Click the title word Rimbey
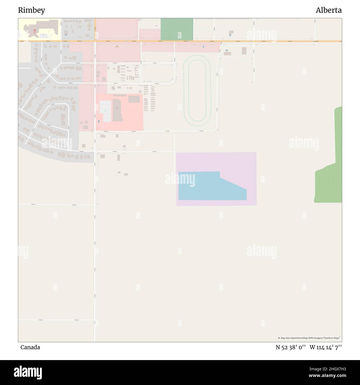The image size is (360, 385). [x=32, y=10]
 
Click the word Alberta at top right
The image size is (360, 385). [x=328, y=10]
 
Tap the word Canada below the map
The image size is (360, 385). [x=30, y=347]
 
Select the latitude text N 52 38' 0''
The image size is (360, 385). [x=290, y=347]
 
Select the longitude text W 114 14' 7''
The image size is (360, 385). [x=326, y=347]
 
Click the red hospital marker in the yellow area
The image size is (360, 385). [x=35, y=30]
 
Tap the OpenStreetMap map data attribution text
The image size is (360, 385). [x=309, y=338]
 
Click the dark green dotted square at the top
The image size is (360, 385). [x=177, y=29]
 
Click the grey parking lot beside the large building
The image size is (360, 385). [x=105, y=111]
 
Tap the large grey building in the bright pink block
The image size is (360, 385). [x=117, y=110]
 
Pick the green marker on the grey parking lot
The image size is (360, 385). [x=105, y=111]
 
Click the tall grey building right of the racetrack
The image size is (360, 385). [x=244, y=51]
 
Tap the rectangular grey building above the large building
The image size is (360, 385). [x=134, y=99]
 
